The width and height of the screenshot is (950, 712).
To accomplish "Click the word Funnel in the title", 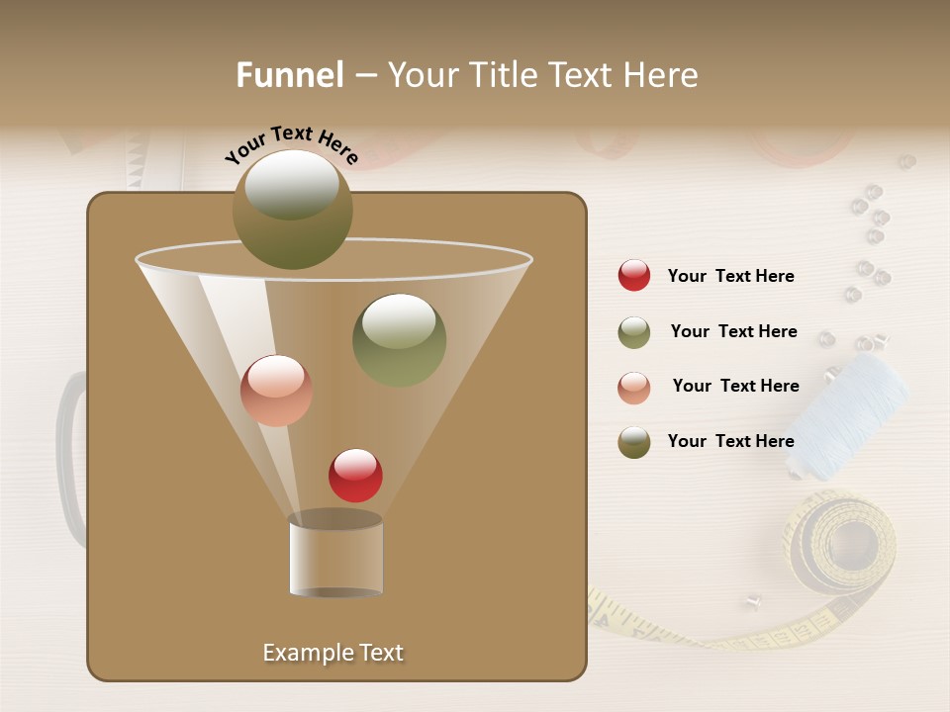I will coord(290,75).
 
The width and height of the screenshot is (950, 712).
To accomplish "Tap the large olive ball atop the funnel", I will coord(293,210).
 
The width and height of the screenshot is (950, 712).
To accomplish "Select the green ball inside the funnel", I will coord(399,340).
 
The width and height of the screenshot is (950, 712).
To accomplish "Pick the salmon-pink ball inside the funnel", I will coord(276,391).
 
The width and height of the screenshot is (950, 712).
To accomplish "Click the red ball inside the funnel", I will coord(355,475).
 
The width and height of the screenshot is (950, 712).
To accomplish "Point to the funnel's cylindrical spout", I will coord(335,556).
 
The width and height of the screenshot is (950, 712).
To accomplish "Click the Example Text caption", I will coord(333,653).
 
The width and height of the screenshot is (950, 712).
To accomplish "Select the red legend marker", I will coord(634,275).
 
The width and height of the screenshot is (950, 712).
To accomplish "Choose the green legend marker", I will coord(634,332).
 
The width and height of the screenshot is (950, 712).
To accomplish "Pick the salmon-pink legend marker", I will coord(634,387).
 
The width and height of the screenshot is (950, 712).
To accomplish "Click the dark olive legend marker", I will coord(634,442).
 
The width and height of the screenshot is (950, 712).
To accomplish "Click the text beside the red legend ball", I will coord(730,277).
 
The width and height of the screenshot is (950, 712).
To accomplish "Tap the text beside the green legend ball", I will coord(733,332).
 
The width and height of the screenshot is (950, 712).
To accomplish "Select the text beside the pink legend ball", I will coord(735,387).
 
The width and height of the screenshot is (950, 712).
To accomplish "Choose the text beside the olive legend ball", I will coord(730,441).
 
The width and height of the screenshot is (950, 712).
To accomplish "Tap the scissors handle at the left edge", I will coord(69,455).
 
